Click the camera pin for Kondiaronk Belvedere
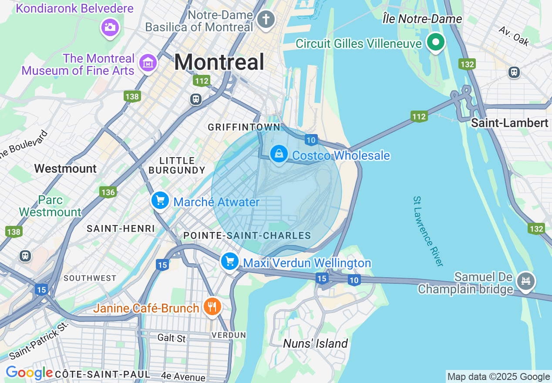[110, 27]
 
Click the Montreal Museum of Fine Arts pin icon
[148, 63]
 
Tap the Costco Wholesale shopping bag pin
[279, 154]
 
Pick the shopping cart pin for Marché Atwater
[160, 201]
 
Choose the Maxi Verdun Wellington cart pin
[230, 262]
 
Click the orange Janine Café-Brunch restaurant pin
[212, 307]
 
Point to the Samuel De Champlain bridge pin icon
[525, 281]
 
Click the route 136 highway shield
[108, 192]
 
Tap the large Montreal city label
[219, 62]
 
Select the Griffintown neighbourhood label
[244, 127]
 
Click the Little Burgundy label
[177, 165]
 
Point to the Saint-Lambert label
[510, 123]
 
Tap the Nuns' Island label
[315, 343]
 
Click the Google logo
[29, 373]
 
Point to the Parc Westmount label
[50, 206]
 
